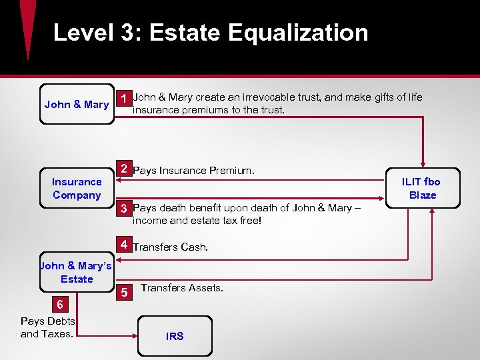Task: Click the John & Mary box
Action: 76,104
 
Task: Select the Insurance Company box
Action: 77,188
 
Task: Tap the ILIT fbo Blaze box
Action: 423,188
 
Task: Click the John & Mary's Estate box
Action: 77,272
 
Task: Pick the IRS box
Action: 175,336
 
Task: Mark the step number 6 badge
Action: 60,305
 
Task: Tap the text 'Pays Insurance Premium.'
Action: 193,171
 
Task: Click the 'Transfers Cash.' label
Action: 170,247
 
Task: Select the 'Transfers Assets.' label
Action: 182,288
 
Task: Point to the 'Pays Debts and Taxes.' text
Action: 47,327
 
